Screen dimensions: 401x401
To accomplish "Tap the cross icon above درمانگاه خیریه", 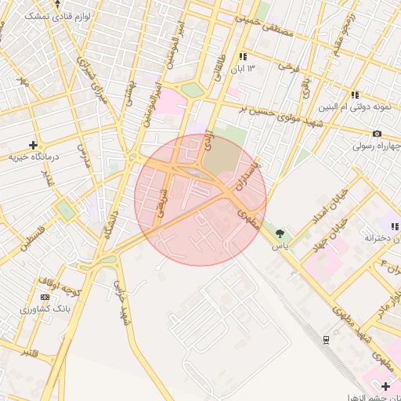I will [33, 145].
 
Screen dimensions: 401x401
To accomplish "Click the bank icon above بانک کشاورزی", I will [43, 297].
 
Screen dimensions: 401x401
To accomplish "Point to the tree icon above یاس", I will [280, 233].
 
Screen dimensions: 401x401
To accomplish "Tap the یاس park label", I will [280, 245].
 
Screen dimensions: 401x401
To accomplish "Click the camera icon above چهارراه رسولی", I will [378, 134].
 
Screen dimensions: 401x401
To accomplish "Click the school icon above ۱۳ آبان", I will [243, 56].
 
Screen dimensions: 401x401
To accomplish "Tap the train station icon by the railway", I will [327, 338].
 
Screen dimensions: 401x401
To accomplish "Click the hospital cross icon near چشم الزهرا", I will [385, 386].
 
